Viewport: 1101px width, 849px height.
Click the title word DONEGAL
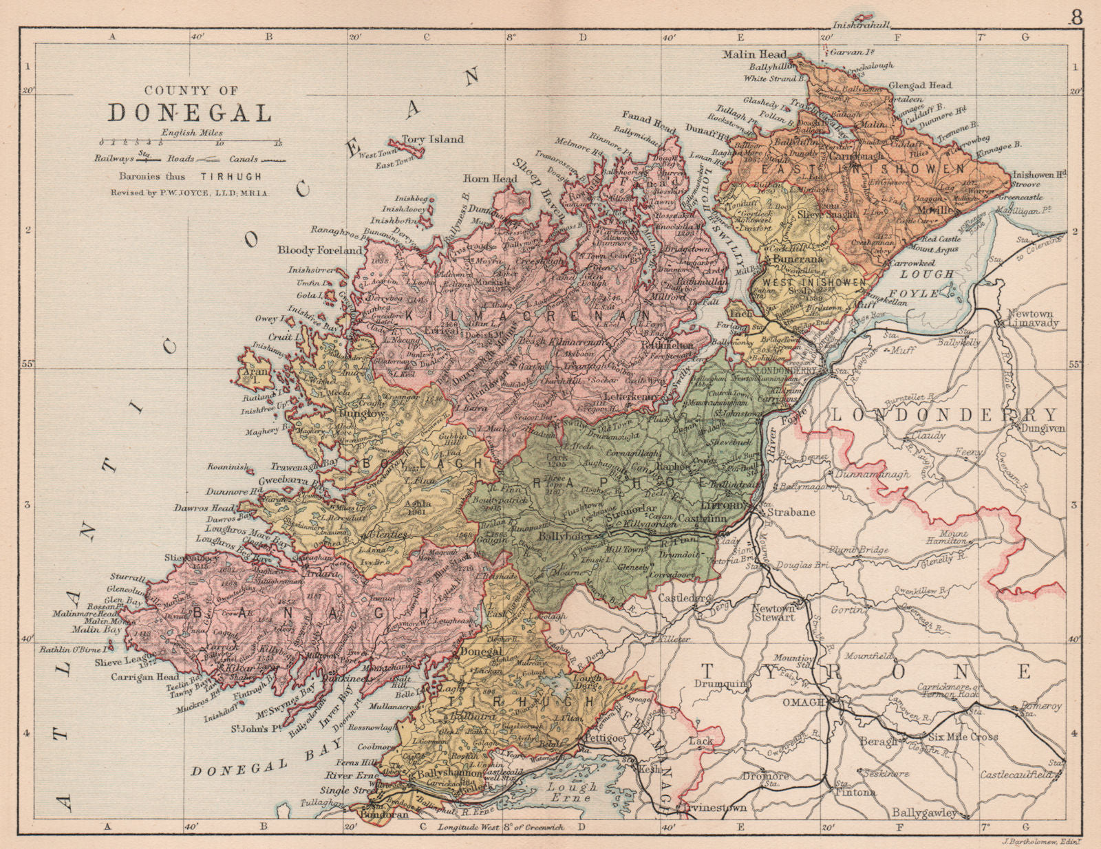click(189, 113)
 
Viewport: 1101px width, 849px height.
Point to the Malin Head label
click(755, 54)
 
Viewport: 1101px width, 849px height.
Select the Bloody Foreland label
click(320, 250)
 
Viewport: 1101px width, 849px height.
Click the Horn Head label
click(490, 179)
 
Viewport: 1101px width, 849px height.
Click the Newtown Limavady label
click(1030, 318)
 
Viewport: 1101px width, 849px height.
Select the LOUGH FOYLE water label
click(928, 283)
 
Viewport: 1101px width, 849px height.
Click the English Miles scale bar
click(191, 143)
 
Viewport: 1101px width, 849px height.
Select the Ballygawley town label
click(924, 813)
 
